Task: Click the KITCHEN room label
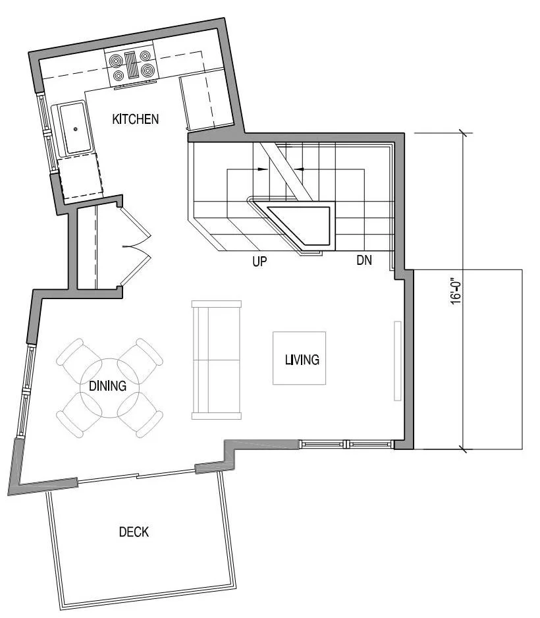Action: (136, 119)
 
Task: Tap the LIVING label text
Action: (302, 360)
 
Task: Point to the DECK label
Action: (134, 532)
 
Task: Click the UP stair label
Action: (260, 262)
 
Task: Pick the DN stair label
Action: (364, 260)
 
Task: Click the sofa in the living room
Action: (216, 360)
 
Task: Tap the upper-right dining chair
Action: (143, 356)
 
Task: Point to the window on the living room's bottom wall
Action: (346, 443)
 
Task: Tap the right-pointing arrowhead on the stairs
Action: (264, 169)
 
